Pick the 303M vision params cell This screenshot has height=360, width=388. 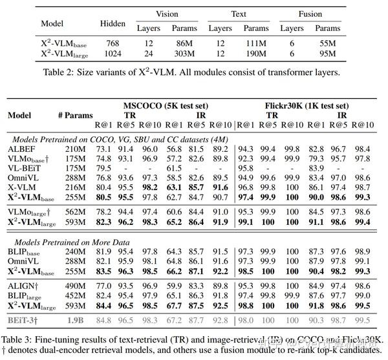click(x=184, y=54)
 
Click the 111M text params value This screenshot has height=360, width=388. click(x=256, y=42)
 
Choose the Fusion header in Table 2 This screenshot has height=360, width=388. click(x=310, y=13)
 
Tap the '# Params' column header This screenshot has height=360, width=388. click(x=75, y=115)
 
